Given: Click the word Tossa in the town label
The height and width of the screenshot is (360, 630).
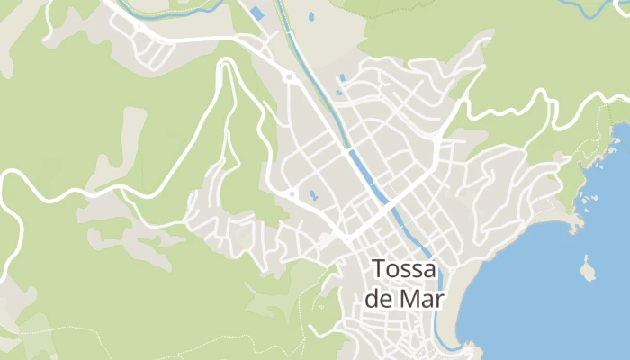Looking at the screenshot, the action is point(404,269).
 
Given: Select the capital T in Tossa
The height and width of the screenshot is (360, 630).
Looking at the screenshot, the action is point(378,269).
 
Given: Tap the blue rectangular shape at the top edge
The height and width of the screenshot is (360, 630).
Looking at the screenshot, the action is point(257,13).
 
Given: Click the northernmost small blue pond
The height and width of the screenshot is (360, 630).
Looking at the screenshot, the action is point(311,16).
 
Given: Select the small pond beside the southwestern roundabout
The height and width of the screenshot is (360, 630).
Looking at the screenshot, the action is point(312,194).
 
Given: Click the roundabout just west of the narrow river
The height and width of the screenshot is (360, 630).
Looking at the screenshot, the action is point(289,78).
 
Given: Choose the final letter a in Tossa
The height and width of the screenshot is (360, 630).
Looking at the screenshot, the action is point(430,269).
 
